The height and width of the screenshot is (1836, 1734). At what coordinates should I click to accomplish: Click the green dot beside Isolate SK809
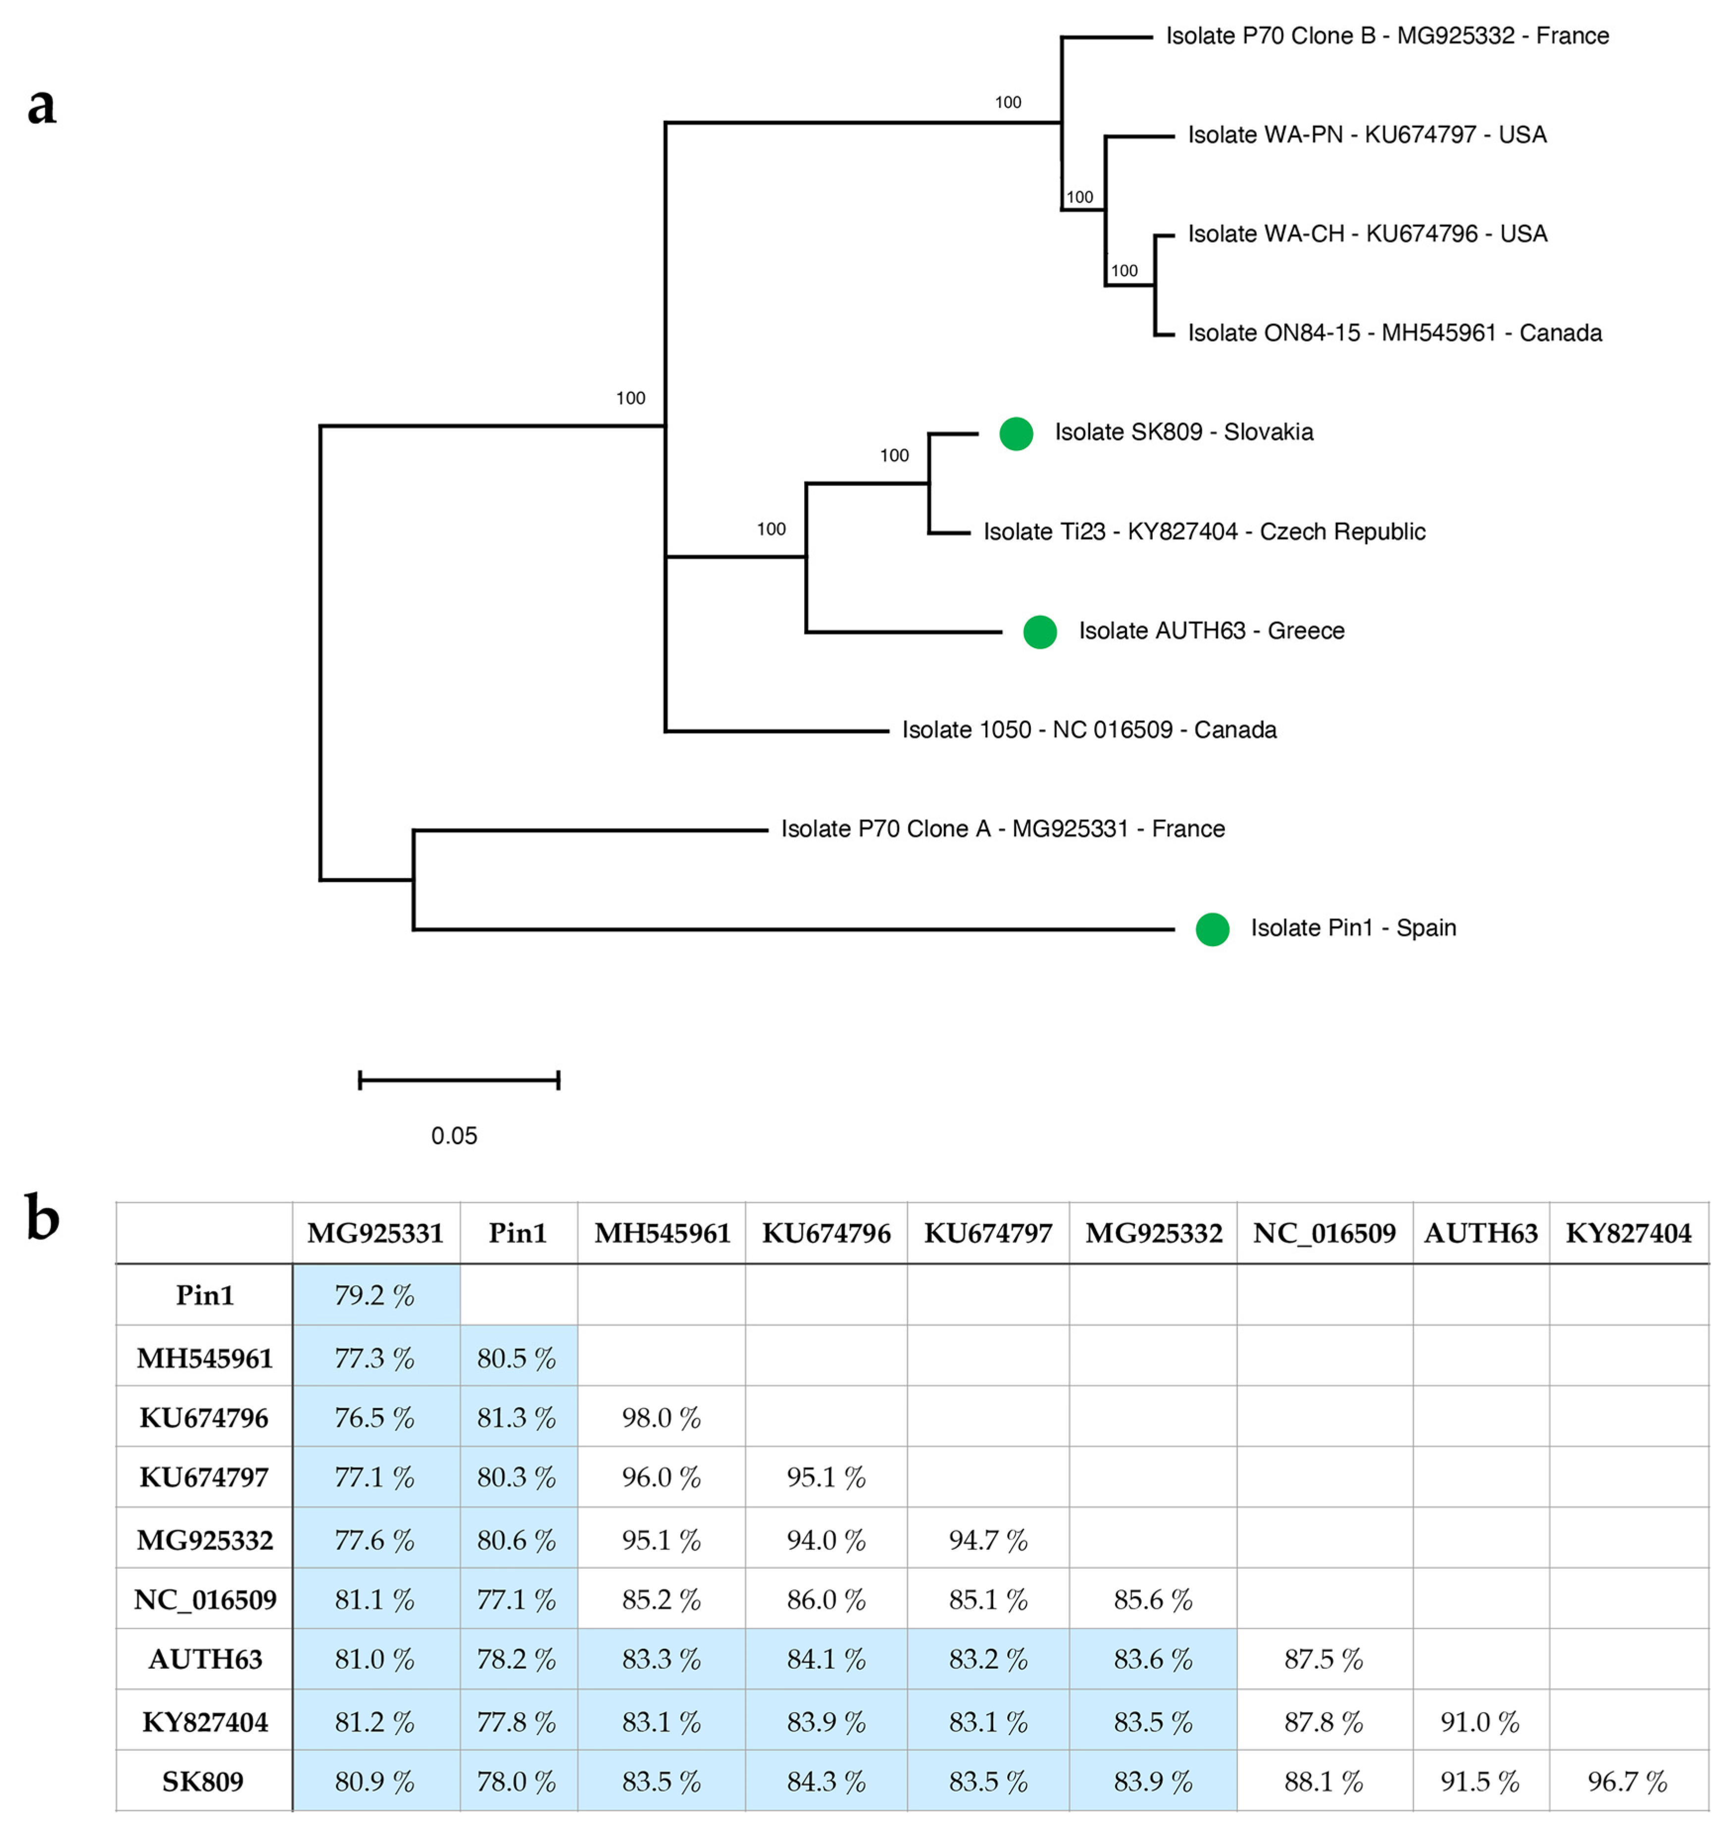pyautogui.click(x=1016, y=434)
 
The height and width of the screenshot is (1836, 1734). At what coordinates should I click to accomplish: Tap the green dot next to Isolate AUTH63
pyautogui.click(x=1040, y=632)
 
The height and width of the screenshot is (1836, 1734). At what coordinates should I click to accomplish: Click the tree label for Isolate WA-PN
pyautogui.click(x=1367, y=135)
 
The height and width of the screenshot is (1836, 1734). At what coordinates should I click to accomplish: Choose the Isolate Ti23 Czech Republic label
pyautogui.click(x=1203, y=532)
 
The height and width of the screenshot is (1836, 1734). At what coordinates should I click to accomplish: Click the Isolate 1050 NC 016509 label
pyautogui.click(x=1089, y=730)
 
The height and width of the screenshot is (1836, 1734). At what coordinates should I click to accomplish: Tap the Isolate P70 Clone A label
pyautogui.click(x=1003, y=829)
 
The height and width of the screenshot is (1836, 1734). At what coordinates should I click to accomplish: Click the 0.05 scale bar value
pyautogui.click(x=454, y=1136)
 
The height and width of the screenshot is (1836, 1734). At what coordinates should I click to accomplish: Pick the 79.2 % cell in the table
pyautogui.click(x=374, y=1296)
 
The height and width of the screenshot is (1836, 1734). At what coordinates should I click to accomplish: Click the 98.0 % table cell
pyautogui.click(x=661, y=1417)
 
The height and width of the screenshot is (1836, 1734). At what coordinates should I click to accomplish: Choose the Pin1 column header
pyautogui.click(x=517, y=1234)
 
